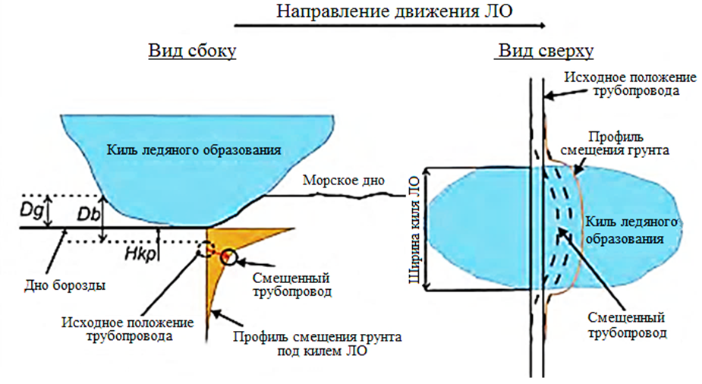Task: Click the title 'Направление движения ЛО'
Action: pyautogui.click(x=389, y=11)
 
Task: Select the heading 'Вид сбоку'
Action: pyautogui.click(x=191, y=52)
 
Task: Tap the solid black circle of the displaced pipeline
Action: pyautogui.click(x=229, y=258)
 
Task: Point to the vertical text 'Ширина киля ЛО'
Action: pyautogui.click(x=412, y=228)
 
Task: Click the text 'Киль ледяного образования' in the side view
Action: pyautogui.click(x=194, y=150)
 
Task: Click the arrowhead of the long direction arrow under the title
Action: pyautogui.click(x=542, y=26)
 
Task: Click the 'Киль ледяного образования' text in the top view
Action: pyautogui.click(x=623, y=229)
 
